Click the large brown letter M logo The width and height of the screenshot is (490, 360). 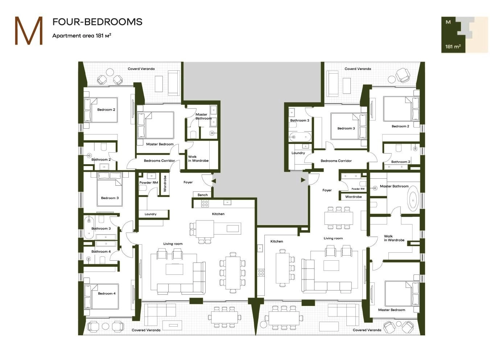29,30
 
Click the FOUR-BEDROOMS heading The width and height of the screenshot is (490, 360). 97,22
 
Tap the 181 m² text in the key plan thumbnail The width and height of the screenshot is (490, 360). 453,46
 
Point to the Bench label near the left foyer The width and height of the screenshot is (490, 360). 202,195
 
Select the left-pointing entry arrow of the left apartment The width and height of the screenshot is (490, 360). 214,181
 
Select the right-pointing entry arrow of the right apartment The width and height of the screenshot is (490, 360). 303,180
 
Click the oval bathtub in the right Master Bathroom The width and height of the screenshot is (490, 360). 413,200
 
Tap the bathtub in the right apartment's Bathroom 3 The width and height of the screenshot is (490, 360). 300,137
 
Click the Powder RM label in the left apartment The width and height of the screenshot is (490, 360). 149,183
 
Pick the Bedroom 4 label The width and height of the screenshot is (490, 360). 107,293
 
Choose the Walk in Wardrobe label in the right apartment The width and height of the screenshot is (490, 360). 394,238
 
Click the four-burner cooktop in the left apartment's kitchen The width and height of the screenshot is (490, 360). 205,203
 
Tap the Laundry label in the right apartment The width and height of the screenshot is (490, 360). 298,153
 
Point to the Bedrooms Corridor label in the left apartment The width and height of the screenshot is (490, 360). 159,161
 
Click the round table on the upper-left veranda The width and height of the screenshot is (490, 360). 110,73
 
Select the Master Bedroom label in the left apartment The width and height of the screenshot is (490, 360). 160,144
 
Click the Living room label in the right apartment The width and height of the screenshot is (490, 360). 333,238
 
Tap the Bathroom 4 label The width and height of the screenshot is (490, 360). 101,252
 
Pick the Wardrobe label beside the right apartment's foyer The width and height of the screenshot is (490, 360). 353,196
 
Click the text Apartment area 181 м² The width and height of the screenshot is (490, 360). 82,36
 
